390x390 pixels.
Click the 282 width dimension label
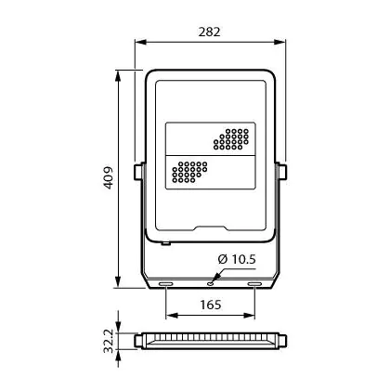pyautogui.click(x=210, y=32)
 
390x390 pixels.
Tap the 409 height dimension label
pyautogui.click(x=109, y=178)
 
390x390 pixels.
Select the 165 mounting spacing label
pyautogui.click(x=211, y=305)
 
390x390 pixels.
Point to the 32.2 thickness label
pyautogui.click(x=109, y=341)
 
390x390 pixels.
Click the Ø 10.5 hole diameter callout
pyautogui.click(x=237, y=259)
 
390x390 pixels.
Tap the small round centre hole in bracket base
pyautogui.click(x=211, y=283)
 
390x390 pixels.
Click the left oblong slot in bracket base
pyautogui.click(x=165, y=284)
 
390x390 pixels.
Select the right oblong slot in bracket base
pyautogui.click(x=254, y=284)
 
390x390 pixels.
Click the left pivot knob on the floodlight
pyautogui.click(x=139, y=172)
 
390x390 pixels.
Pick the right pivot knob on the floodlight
pyautogui.click(x=281, y=172)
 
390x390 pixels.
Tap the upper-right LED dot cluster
pyautogui.click(x=231, y=139)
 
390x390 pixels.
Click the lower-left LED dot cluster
pyautogui.click(x=189, y=172)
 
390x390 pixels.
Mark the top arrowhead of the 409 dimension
pyautogui.click(x=118, y=76)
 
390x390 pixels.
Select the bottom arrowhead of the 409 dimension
pyautogui.click(x=118, y=281)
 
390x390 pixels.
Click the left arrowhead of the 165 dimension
pyautogui.click(x=172, y=316)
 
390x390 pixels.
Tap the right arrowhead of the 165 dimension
pyautogui.click(x=249, y=316)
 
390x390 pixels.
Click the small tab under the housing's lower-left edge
pyautogui.click(x=165, y=243)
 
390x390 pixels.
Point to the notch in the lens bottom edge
pyautogui.click(x=211, y=228)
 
